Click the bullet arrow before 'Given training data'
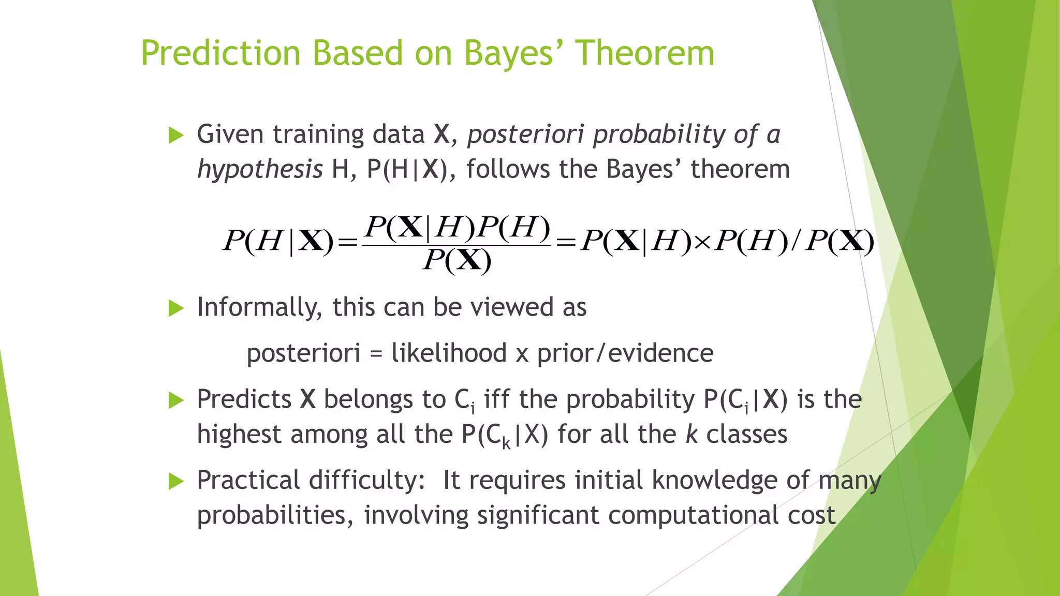[x=176, y=136]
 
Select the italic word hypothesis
[x=260, y=170]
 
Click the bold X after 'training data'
[x=441, y=135]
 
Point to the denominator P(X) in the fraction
[x=457, y=260]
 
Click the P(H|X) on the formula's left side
[x=278, y=241]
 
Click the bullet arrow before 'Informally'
[x=176, y=309]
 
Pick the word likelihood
[x=449, y=353]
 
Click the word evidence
[x=660, y=353]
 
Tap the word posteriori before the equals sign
[x=303, y=353]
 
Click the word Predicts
[x=244, y=399]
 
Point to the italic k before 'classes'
[x=691, y=434]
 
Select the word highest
[x=239, y=434]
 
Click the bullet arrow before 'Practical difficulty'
[x=176, y=482]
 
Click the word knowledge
[x=714, y=481]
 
